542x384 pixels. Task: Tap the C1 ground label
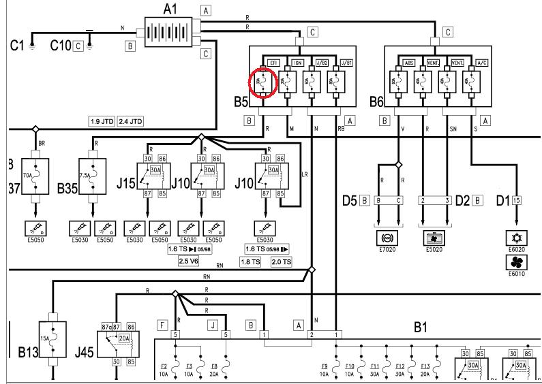[x=17, y=46]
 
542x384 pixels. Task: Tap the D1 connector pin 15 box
[x=517, y=200]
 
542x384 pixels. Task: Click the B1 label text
[x=421, y=327]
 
